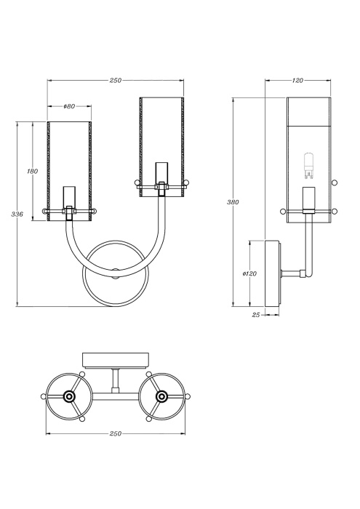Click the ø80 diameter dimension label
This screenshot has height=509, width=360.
(x=70, y=106)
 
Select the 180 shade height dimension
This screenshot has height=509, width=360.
(x=32, y=171)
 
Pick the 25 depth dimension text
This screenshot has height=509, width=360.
(x=255, y=315)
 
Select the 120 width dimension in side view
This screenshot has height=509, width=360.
(x=297, y=81)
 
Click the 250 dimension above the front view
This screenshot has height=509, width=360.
(x=115, y=81)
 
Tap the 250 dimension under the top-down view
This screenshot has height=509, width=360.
(x=115, y=434)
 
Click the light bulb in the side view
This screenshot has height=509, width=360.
(x=308, y=167)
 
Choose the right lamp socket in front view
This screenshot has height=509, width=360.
(x=161, y=175)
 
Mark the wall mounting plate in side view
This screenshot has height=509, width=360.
(x=273, y=275)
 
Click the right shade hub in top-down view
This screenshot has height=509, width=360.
(x=161, y=396)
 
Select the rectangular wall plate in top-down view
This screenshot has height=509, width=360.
(x=116, y=359)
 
